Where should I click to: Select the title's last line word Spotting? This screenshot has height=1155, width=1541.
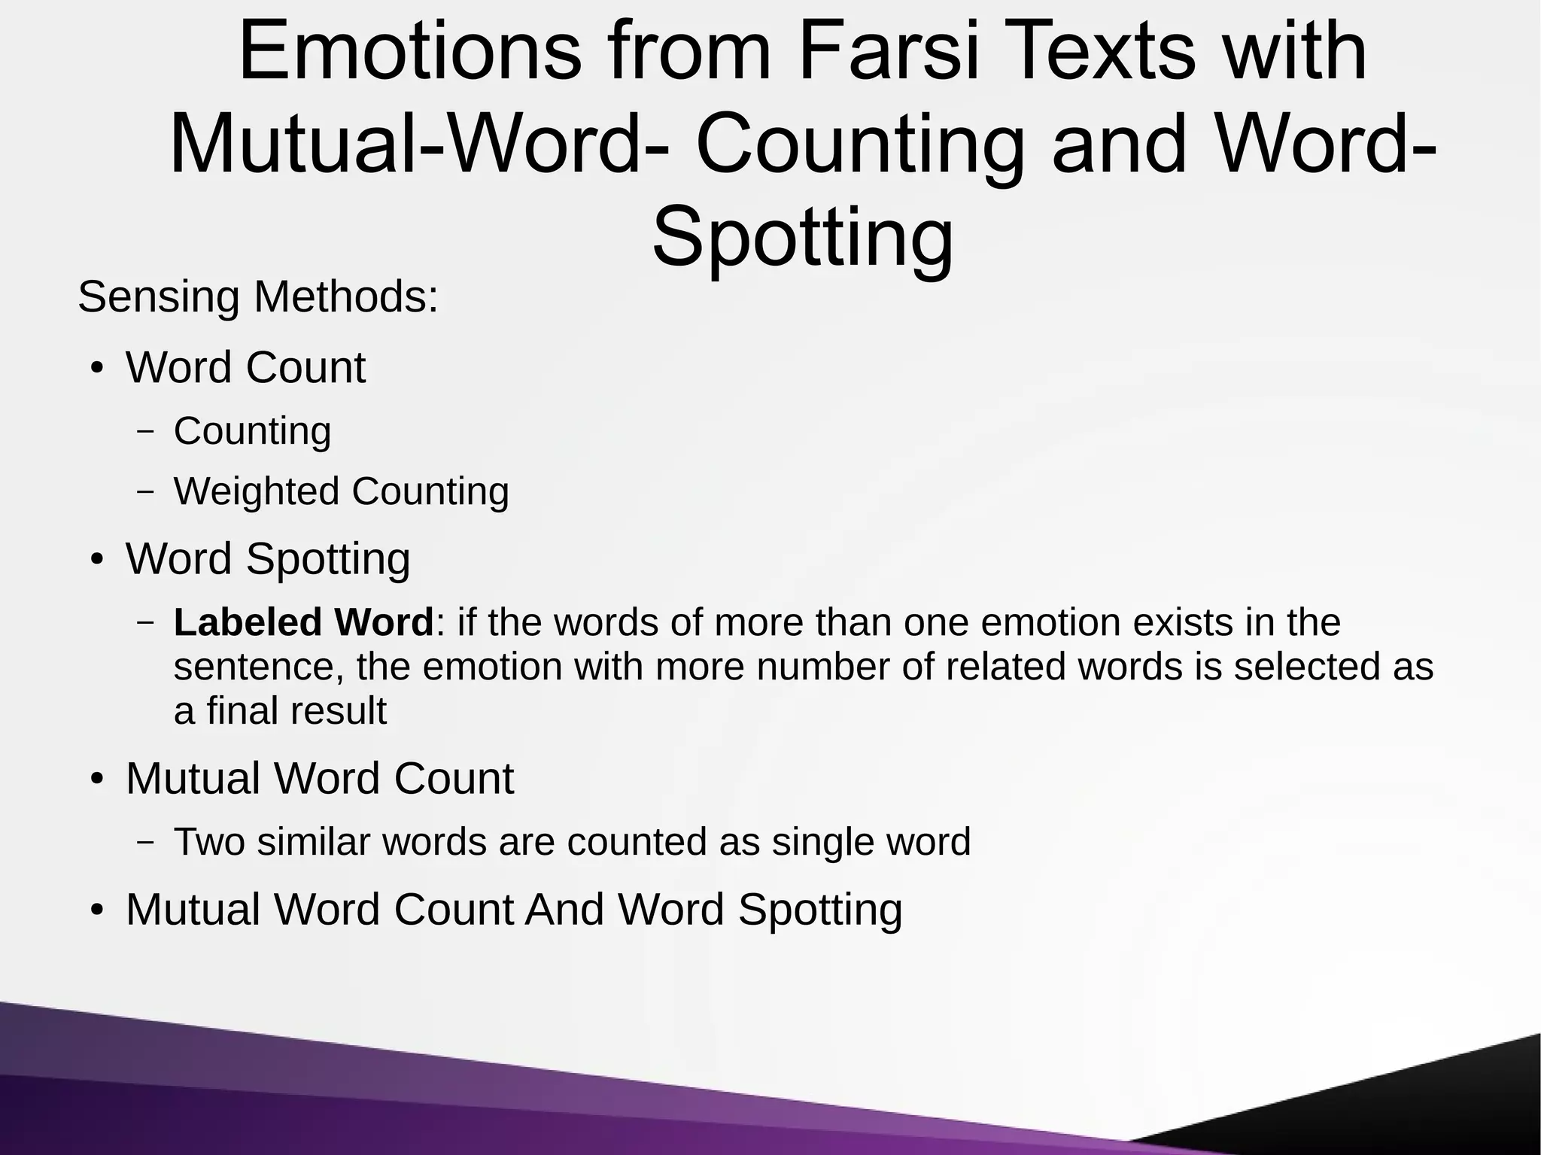802,237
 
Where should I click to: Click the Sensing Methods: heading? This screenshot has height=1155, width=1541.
258,296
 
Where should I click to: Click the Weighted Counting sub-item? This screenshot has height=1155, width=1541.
341,491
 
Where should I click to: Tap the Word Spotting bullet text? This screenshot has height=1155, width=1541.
268,559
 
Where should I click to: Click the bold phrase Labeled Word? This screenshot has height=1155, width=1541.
303,622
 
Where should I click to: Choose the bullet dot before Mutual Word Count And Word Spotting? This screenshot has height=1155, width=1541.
96,910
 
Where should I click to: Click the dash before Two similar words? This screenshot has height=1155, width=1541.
146,842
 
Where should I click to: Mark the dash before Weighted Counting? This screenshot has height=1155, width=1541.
146,491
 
